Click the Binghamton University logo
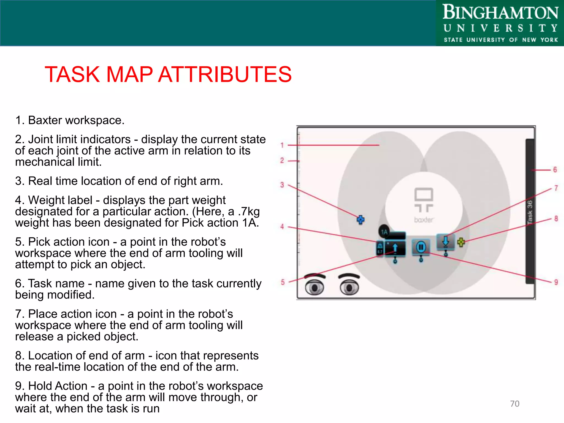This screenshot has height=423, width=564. click(500, 23)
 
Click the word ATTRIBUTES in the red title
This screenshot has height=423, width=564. click(224, 74)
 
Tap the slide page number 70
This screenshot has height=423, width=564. click(514, 403)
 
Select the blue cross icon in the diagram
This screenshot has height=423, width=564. click(360, 220)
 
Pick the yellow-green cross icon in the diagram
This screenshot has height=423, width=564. click(461, 242)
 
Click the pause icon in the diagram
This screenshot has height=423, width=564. click(421, 247)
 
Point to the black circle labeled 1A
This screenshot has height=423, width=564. click(384, 232)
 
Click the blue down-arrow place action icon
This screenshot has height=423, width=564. click(445, 241)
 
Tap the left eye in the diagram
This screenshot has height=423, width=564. click(314, 287)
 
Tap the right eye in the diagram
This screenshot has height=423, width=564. click(349, 288)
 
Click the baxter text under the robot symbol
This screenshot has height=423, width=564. click(424, 220)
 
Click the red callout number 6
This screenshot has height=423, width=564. click(555, 170)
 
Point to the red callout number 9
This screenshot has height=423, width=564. click(556, 282)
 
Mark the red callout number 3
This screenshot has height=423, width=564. click(282, 185)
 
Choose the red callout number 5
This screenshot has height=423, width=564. click(283, 282)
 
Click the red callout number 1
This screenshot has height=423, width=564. click(282, 145)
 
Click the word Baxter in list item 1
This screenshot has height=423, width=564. click(45, 120)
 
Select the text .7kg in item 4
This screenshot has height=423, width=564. click(249, 211)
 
